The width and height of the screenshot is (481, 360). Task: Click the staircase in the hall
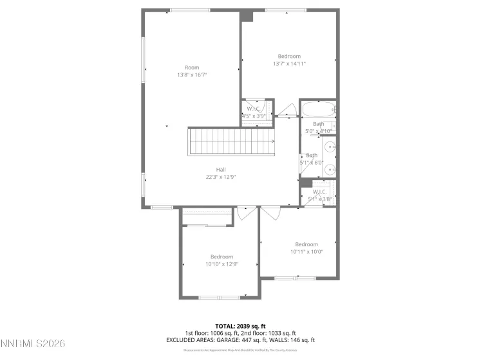point(231,141)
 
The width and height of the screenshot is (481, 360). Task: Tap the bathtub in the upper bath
point(319,107)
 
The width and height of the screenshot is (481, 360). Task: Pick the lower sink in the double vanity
point(330,169)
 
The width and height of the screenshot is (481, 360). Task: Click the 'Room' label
point(192,67)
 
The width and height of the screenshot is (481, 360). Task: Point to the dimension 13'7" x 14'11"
point(289,64)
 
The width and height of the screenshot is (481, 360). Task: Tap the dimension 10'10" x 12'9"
point(222,264)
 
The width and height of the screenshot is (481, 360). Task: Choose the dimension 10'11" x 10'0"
point(307,251)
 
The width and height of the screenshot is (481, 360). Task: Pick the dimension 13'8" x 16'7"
point(192,75)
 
